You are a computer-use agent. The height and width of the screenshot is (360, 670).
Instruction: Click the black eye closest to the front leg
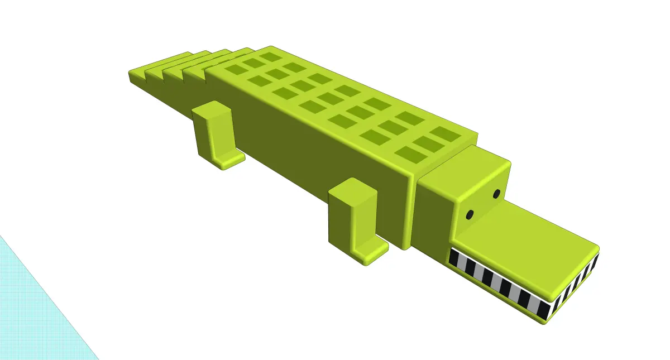pyautogui.click(x=470, y=214)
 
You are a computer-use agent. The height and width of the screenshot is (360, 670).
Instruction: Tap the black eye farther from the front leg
pyautogui.click(x=496, y=194)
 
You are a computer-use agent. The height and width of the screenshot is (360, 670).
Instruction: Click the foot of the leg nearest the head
pyautogui.click(x=371, y=252)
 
